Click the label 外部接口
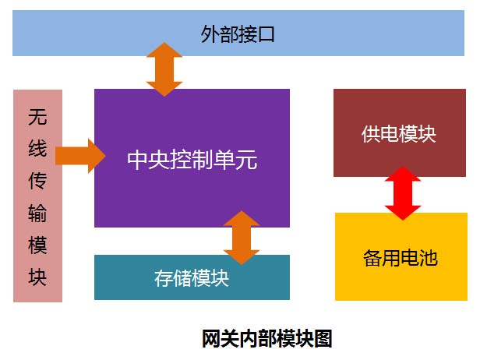tap(238, 34)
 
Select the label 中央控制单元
tap(192, 160)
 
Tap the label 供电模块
tap(399, 134)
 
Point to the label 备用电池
tap(401, 258)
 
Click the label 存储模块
tap(192, 278)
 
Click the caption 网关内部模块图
tap(267, 338)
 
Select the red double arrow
tap(403, 193)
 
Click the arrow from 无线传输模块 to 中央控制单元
tap(80, 156)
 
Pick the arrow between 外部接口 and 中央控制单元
tap(164, 69)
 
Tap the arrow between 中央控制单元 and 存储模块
tap(242, 238)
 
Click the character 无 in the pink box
tap(37, 117)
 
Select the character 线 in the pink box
tap(37, 149)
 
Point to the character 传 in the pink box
tap(37, 181)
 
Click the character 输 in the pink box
tap(37, 213)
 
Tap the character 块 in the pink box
tap(37, 277)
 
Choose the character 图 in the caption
tap(323, 338)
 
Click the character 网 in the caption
tap(211, 338)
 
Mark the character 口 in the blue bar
tap(266, 34)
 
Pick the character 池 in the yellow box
tap(429, 258)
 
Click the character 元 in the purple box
tap(247, 160)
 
